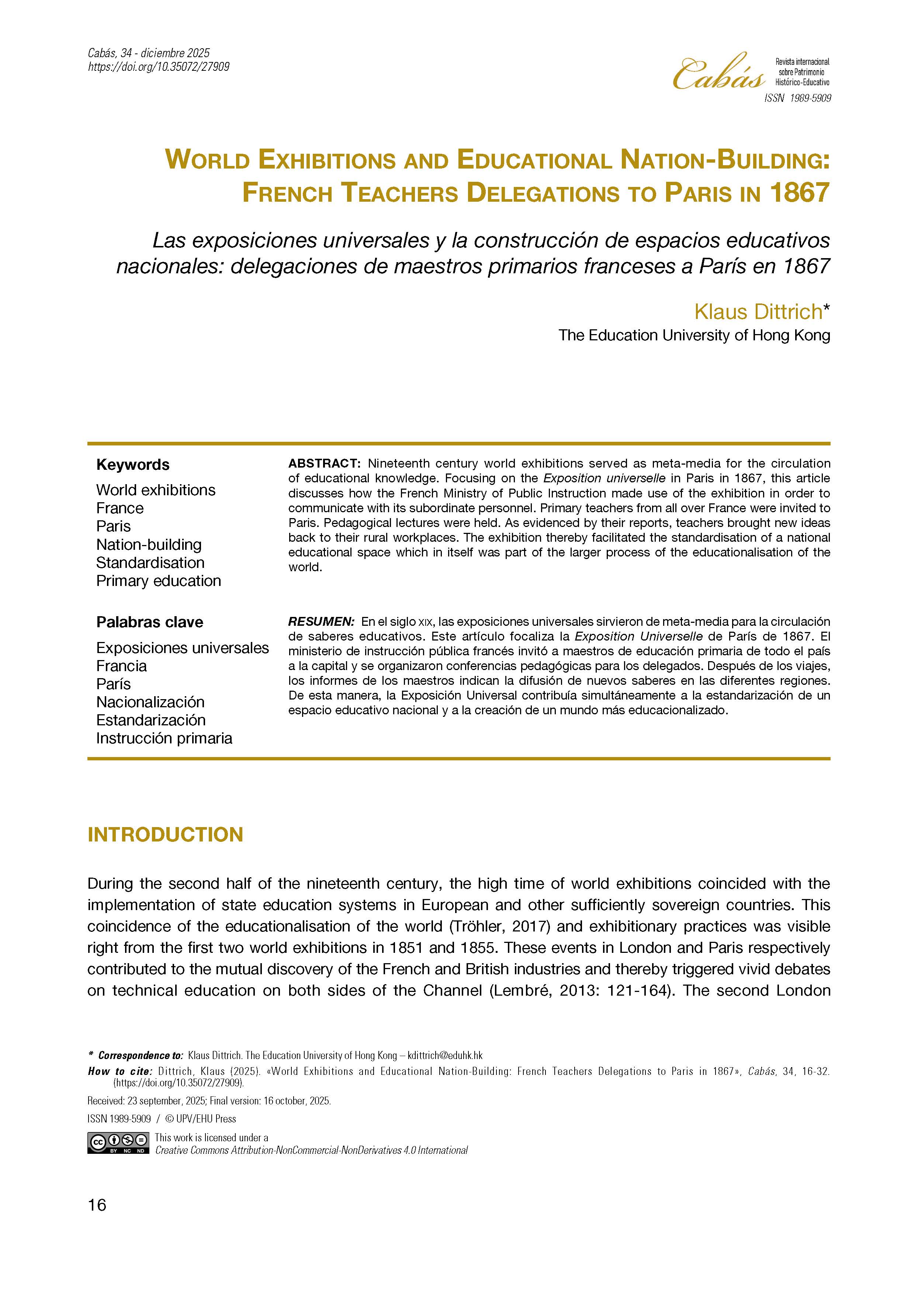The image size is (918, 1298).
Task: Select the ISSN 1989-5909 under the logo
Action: (797, 98)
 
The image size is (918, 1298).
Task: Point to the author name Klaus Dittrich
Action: (758, 312)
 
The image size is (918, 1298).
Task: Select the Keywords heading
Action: (133, 465)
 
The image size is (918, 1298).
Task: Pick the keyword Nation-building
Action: (149, 544)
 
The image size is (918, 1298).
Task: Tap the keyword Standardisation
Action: (150, 562)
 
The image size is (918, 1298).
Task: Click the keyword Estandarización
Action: (151, 720)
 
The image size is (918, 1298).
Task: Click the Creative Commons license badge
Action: (118, 1142)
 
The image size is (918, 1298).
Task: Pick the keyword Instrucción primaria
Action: (164, 738)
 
